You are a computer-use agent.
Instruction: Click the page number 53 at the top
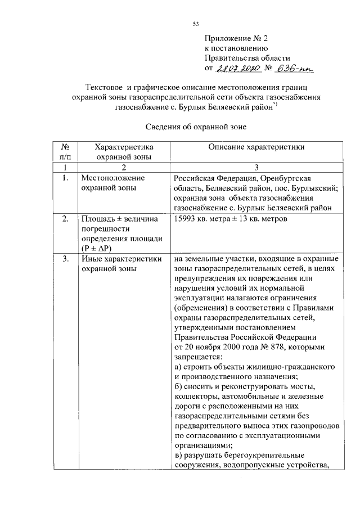coord(196,24)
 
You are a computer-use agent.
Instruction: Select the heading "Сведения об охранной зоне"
coord(197,127)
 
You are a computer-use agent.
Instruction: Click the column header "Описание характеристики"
coord(256,147)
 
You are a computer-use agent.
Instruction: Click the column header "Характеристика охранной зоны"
coord(124,152)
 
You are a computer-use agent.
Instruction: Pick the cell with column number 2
coord(124,168)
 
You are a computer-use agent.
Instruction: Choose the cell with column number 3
coord(256,168)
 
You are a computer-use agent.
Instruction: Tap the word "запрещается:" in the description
coord(199,357)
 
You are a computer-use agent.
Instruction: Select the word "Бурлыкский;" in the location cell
coord(310,188)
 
